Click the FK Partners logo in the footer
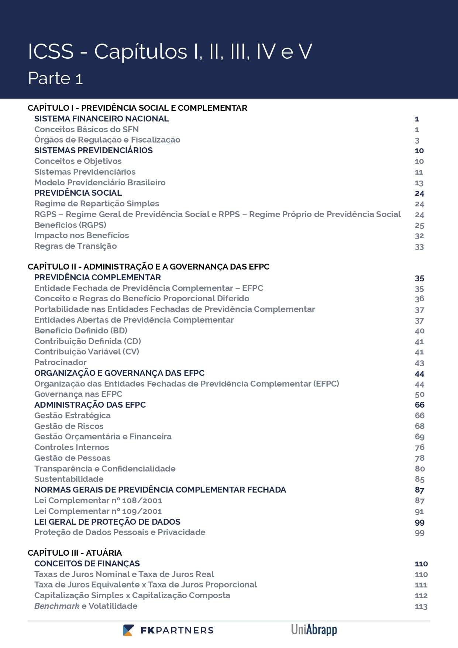pyautogui.click(x=168, y=630)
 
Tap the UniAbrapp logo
pyautogui.click(x=314, y=629)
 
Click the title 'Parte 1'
pyautogui.click(x=55, y=78)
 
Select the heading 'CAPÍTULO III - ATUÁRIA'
pyautogui.click(x=75, y=553)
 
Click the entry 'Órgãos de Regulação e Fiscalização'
pyautogui.click(x=107, y=140)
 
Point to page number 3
pyautogui.click(x=417, y=140)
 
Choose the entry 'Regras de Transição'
pyautogui.click(x=75, y=246)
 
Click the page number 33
pyautogui.click(x=419, y=247)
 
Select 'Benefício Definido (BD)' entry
pyautogui.click(x=81, y=330)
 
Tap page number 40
pyautogui.click(x=419, y=331)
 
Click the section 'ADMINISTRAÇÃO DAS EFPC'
pyautogui.click(x=90, y=405)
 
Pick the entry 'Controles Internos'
pyautogui.click(x=72, y=448)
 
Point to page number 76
pyautogui.click(x=420, y=448)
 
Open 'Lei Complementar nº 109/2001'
pyautogui.click(x=98, y=511)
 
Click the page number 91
pyautogui.click(x=419, y=512)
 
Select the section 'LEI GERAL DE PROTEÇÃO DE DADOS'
pyautogui.click(x=107, y=522)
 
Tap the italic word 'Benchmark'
pyautogui.click(x=57, y=606)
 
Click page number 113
pyautogui.click(x=421, y=606)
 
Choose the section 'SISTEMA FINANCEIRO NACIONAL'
pyautogui.click(x=101, y=119)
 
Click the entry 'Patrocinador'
pyautogui.click(x=60, y=363)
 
